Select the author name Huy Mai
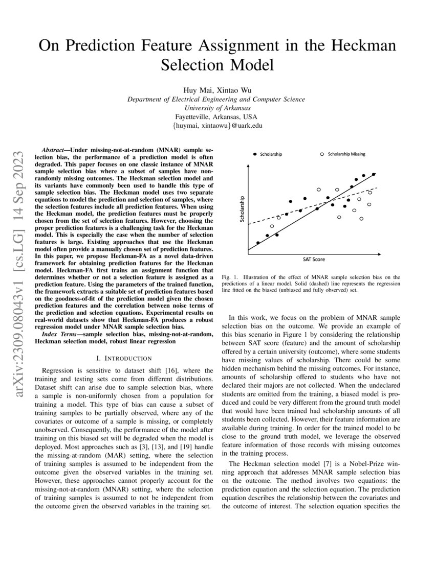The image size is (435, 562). click(197, 90)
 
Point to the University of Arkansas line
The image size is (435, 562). click(217, 108)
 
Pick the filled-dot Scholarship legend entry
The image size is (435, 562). click(270, 154)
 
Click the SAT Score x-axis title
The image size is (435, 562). click(314, 259)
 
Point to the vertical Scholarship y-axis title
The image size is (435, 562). click(243, 210)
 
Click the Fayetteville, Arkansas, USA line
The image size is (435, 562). click(216, 116)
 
